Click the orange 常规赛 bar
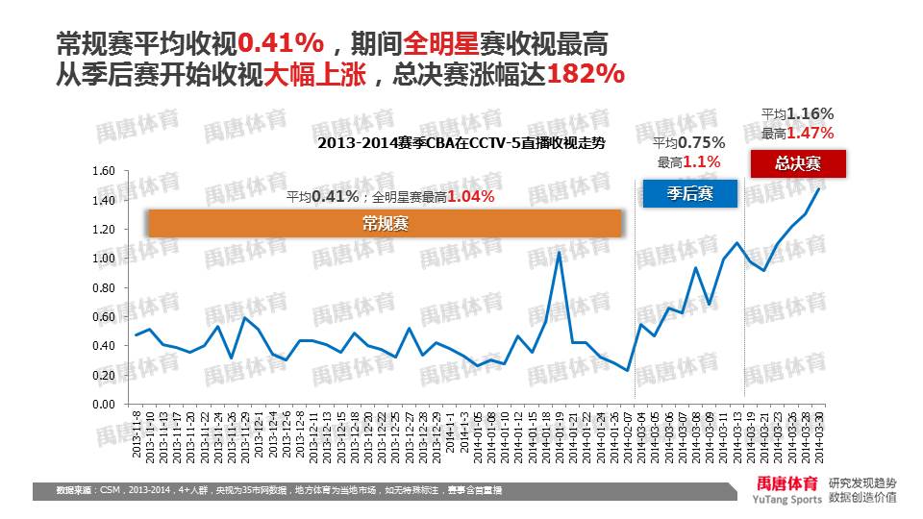[385, 223]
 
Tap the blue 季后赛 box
[689, 193]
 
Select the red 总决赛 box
[797, 163]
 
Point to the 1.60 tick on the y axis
[103, 171]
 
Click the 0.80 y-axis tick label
[103, 288]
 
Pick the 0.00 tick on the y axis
[103, 405]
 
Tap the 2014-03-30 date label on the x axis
[819, 434]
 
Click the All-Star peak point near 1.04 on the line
[560, 252]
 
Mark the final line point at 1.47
[819, 188]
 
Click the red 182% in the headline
[586, 75]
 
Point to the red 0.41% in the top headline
[279, 43]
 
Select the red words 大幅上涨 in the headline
[314, 75]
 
